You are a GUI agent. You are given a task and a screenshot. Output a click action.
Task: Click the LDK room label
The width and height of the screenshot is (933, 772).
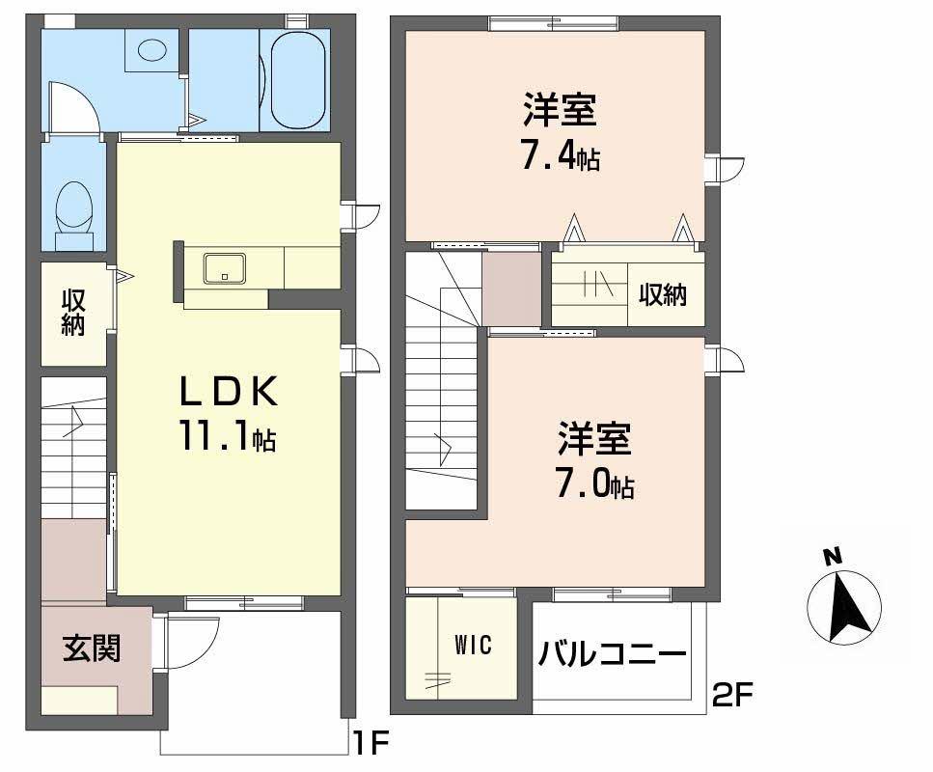click(229, 392)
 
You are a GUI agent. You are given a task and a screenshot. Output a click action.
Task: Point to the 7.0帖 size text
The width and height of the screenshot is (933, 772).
click(593, 482)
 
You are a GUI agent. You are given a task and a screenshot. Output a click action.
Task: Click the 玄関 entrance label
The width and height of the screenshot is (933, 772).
click(92, 648)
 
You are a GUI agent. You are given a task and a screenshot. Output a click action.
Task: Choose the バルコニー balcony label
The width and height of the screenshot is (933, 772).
click(613, 654)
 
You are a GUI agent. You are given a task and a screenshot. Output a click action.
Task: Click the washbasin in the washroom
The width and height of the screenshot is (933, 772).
click(151, 49)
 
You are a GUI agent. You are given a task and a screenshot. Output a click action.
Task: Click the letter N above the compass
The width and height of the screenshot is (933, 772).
click(831, 556)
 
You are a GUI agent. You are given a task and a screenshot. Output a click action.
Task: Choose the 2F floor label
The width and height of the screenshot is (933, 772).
click(732, 693)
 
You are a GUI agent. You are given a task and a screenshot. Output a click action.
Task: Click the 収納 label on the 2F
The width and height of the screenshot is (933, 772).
click(663, 294)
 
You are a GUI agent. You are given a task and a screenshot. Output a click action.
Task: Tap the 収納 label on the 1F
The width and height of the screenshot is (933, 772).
click(73, 313)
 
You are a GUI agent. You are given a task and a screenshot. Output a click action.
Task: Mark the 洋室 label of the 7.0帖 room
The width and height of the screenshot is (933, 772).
click(593, 440)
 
